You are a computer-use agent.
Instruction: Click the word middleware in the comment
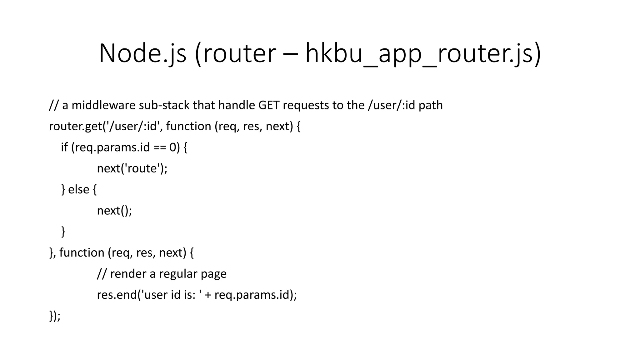104,105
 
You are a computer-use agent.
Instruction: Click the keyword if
64,147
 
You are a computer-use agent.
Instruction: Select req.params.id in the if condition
111,147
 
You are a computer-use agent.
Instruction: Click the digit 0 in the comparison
173,147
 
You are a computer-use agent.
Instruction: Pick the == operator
160,147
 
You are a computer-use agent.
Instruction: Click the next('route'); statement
132,168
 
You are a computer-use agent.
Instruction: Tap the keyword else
78,189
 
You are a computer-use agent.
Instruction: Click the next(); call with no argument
114,211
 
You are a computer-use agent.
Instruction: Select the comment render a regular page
168,274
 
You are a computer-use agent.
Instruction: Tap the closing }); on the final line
55,316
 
